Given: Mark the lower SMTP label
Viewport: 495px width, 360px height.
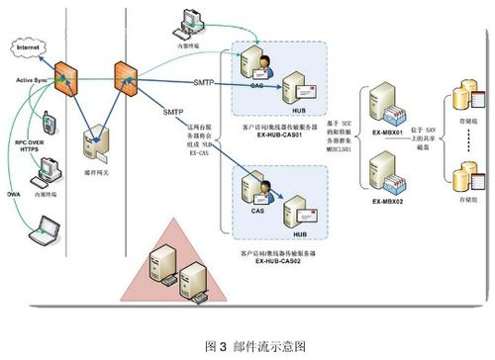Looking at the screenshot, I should coord(172,113).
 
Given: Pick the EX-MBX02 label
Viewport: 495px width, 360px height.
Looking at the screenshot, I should coord(392,201).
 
